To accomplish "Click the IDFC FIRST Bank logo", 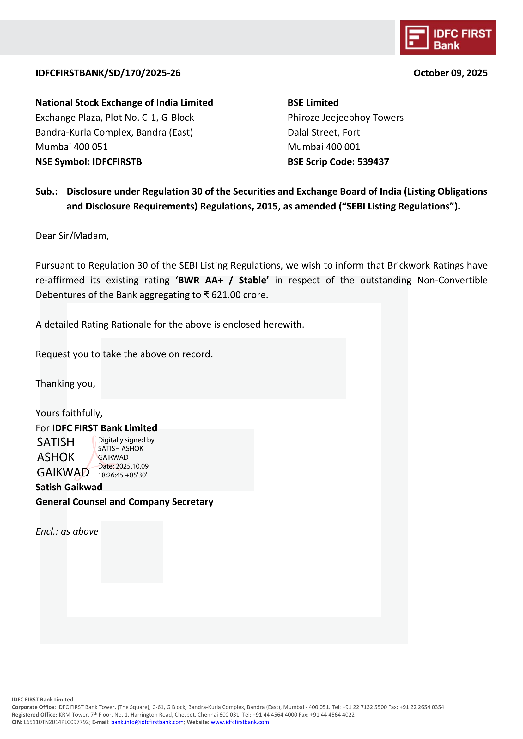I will coord(448,38).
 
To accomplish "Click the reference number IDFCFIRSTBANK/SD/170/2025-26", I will coord(108,73).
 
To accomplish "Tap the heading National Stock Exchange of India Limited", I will coord(124,103).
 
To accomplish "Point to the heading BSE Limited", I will coord(313,103).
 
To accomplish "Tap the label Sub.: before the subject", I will coord(46,191).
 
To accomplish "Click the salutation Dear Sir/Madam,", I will coord(72,236).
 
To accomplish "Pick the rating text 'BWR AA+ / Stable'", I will coord(222,280).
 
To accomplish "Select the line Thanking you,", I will coord(65,384).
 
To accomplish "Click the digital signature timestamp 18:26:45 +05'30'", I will coord(122,475).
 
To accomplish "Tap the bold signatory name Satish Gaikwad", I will coord(69,487).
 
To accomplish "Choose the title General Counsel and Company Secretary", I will coord(124,502).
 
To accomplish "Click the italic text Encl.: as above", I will coord(67,531).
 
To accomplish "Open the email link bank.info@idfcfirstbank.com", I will coord(147,722).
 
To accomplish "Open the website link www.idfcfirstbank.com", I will coord(240,722).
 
